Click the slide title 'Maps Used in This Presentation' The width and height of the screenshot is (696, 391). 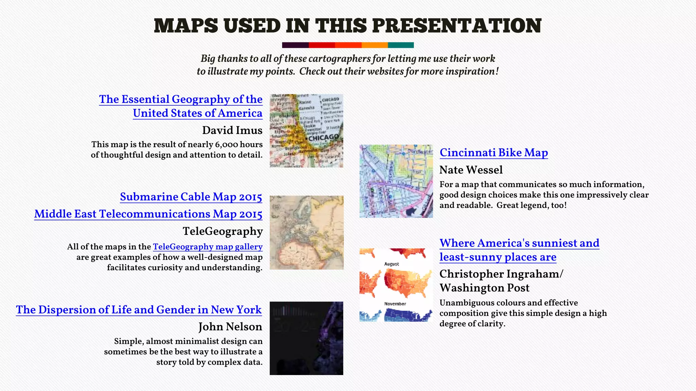click(348, 25)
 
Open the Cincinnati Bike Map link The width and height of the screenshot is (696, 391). click(493, 153)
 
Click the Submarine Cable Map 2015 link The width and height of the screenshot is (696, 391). click(191, 197)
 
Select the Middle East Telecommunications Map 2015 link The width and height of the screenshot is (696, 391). click(148, 214)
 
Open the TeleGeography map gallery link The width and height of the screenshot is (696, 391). click(208, 247)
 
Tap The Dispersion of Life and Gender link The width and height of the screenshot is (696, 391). click(139, 310)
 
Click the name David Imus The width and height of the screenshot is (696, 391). click(232, 130)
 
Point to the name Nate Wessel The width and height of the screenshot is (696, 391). click(471, 170)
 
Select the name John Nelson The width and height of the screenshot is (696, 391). click(230, 327)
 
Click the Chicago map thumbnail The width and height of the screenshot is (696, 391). click(306, 131)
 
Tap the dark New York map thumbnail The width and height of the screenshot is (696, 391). click(306, 338)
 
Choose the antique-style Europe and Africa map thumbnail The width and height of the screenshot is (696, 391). click(306, 232)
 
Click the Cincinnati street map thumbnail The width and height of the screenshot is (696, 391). click(396, 181)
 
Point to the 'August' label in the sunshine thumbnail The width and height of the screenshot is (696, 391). click(391, 264)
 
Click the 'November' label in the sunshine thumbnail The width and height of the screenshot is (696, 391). click(395, 304)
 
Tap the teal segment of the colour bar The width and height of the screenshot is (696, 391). click(401, 45)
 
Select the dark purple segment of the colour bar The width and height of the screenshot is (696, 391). click(295, 45)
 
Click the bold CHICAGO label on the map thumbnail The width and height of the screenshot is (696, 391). click(324, 137)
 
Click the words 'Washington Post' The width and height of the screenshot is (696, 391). click(484, 288)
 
